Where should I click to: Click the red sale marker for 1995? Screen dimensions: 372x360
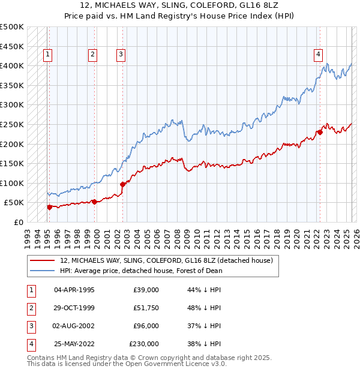(x=49, y=207)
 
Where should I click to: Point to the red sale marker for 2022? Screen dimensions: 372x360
(x=320, y=133)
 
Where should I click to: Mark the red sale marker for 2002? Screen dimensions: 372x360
(x=122, y=185)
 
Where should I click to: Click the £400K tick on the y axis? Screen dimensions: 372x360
(x=12, y=65)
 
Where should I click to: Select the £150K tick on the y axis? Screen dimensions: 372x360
(x=12, y=163)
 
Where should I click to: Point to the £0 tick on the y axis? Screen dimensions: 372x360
(x=18, y=222)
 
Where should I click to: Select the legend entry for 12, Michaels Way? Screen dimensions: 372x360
(x=167, y=260)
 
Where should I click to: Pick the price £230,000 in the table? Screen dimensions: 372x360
(x=144, y=344)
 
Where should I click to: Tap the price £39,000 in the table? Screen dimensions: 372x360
(x=146, y=290)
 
